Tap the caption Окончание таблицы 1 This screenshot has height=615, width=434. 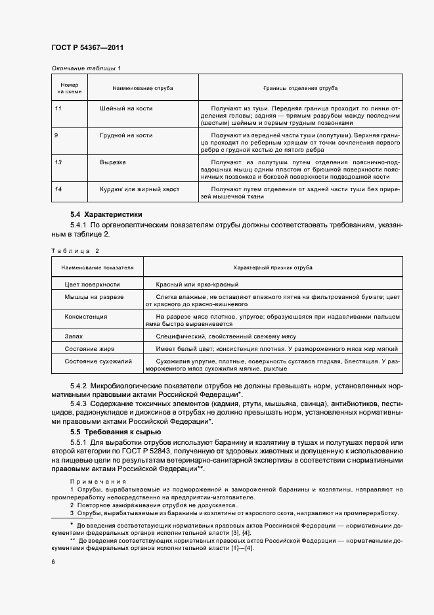86,68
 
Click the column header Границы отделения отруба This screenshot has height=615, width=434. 301,87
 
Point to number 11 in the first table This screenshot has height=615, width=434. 58,107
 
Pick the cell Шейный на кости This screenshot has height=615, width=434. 127,107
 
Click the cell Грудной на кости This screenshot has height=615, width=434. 126,135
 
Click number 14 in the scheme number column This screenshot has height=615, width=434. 58,189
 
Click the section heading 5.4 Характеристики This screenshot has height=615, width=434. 106,214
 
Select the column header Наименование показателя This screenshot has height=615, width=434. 97,268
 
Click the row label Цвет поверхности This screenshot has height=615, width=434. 92,285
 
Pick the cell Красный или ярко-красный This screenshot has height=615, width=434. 197,285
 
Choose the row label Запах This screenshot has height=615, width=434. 74,336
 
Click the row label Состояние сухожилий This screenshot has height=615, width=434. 98,361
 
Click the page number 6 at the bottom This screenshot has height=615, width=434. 53,561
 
